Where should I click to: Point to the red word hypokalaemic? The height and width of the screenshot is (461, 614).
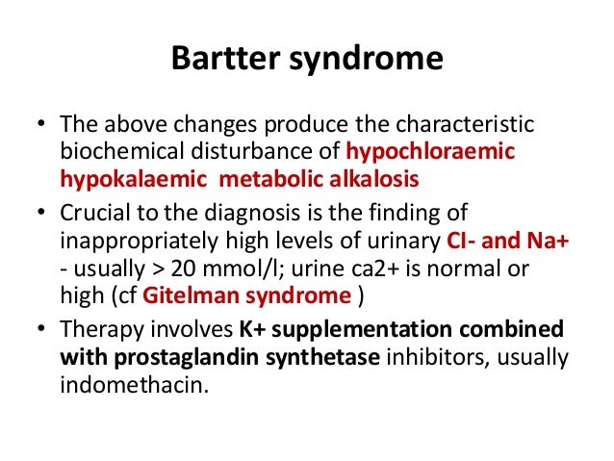coord(120,177)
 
